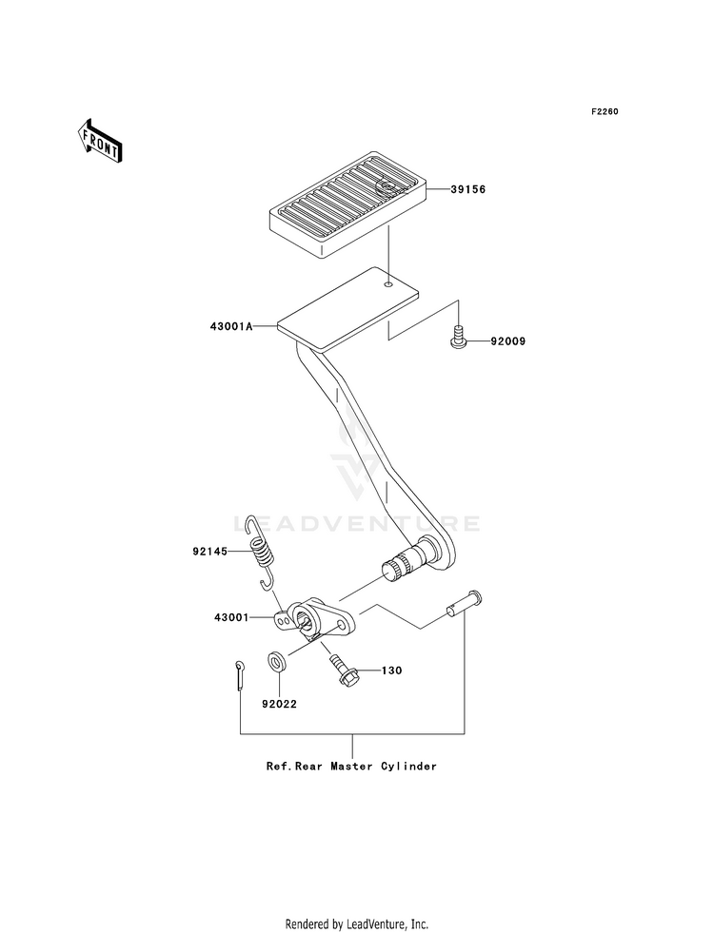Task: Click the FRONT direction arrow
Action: point(100,141)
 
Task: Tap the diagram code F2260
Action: point(605,111)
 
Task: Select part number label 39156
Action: point(468,189)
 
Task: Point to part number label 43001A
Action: point(231,326)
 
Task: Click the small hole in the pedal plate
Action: point(388,285)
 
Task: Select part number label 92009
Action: point(508,341)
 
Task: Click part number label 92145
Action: point(209,552)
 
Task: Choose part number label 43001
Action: point(231,617)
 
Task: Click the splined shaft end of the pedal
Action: point(395,568)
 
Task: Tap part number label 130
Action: point(391,671)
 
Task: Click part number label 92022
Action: point(279,704)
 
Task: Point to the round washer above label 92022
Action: point(276,661)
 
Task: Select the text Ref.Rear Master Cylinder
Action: point(351,767)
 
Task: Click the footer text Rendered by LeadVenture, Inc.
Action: point(357,924)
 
